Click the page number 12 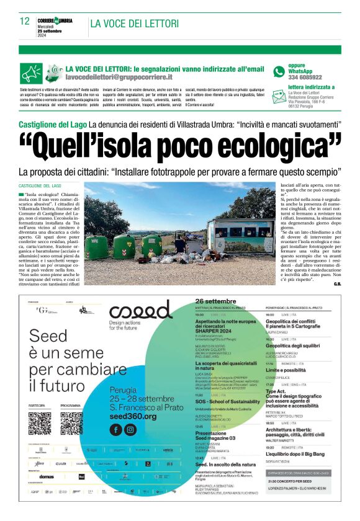pyautogui.click(x=25, y=21)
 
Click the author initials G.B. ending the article pyautogui.click(x=337, y=285)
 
